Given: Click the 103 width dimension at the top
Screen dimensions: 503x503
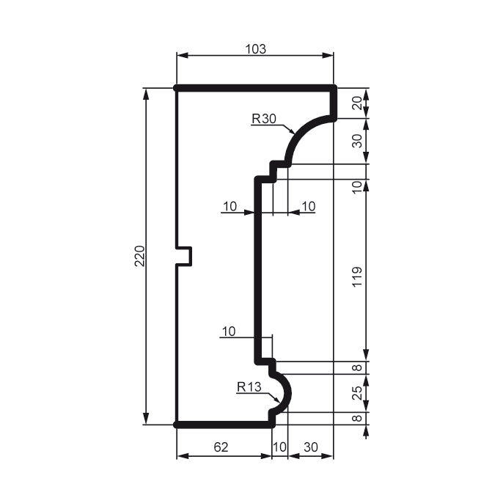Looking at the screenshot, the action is click(256, 49).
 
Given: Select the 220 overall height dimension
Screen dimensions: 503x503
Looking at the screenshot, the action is click(140, 256).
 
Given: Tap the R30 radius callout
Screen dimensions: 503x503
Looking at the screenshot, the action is click(264, 119).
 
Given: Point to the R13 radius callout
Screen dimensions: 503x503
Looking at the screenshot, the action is click(249, 387).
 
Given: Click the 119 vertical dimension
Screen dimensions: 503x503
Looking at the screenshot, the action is click(357, 277).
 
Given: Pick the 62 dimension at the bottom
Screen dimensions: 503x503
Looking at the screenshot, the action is click(221, 447).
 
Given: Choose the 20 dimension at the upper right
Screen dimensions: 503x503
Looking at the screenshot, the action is click(357, 103).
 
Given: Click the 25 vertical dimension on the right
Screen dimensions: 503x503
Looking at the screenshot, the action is click(357, 393).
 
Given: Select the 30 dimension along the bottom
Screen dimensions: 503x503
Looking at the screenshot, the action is click(311, 447).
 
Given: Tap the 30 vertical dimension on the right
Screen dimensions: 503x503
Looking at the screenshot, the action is click(357, 141).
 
